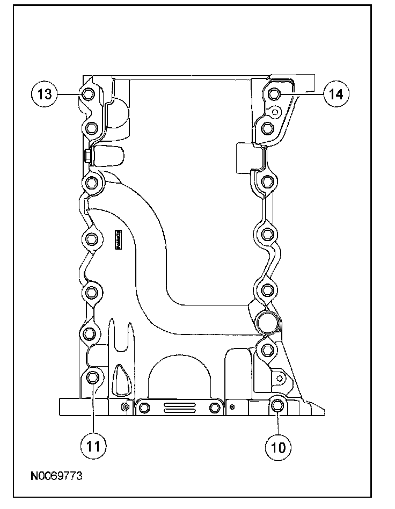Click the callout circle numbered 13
click(x=44, y=94)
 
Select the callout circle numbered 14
click(x=335, y=94)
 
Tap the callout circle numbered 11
click(x=93, y=445)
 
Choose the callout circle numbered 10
click(x=278, y=445)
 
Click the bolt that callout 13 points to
click(x=89, y=95)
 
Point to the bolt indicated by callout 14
click(x=274, y=94)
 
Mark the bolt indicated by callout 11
click(x=92, y=377)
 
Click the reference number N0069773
click(x=56, y=476)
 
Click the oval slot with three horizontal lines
click(x=179, y=409)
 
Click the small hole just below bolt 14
click(x=275, y=112)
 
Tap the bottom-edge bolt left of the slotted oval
click(x=143, y=409)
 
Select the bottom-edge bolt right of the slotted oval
click(x=214, y=408)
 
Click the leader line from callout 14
click(x=303, y=94)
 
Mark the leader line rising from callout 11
click(x=93, y=411)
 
